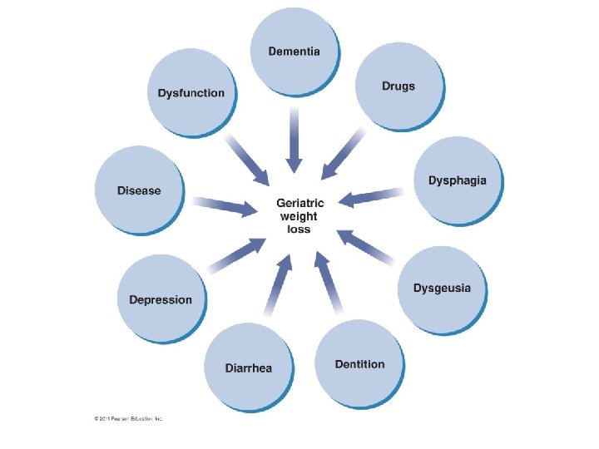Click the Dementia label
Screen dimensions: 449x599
294,52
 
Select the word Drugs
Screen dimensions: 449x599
398,86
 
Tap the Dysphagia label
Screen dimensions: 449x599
457,180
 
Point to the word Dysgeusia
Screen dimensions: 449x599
442,289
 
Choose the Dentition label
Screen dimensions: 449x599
359,364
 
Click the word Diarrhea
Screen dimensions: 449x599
248,368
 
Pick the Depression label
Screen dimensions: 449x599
161,299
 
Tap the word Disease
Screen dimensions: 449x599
139,190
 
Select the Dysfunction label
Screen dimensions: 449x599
191,92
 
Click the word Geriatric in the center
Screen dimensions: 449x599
300,202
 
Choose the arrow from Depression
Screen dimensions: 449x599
235,256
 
